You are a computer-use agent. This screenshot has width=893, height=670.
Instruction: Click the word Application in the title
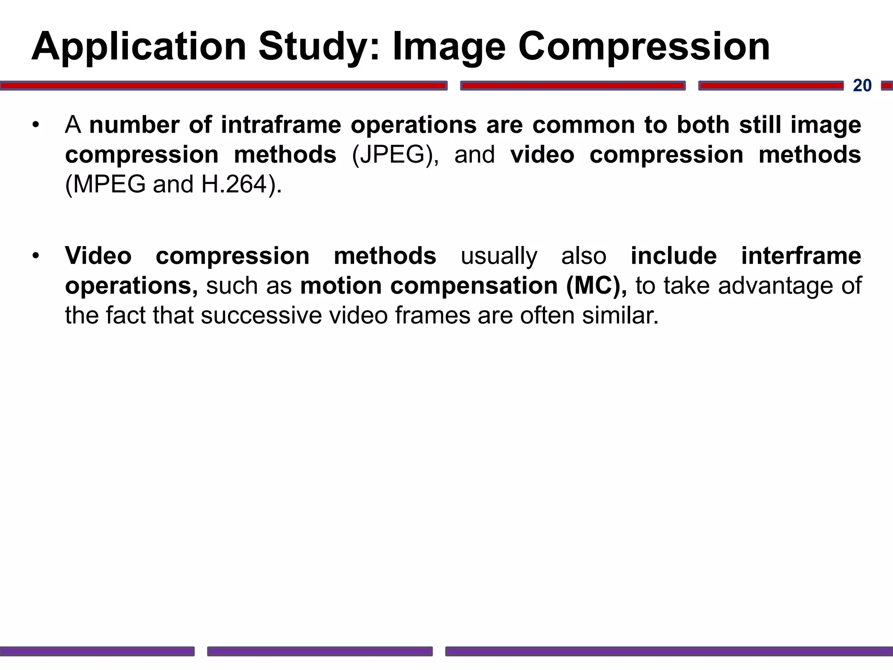click(x=139, y=47)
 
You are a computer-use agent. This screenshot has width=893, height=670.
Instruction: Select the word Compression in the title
click(x=644, y=47)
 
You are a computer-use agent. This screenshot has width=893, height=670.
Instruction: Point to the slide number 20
click(x=862, y=85)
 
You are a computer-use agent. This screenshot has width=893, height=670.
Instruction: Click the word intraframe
click(x=281, y=125)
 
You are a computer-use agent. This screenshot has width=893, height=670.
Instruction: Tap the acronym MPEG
click(x=109, y=185)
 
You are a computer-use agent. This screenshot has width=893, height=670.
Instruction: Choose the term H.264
click(x=234, y=185)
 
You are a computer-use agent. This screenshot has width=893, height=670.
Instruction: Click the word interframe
click(x=801, y=256)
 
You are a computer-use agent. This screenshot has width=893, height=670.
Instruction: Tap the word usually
click(x=499, y=256)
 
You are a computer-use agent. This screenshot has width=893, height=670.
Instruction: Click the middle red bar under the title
click(x=573, y=86)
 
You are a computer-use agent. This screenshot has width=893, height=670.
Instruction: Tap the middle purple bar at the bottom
click(x=320, y=651)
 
